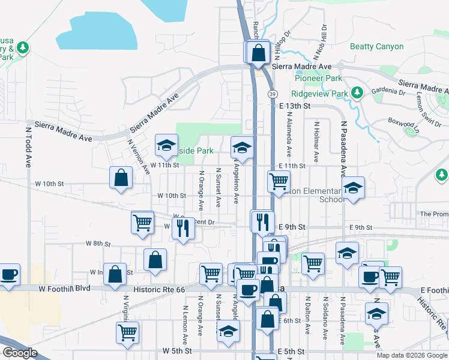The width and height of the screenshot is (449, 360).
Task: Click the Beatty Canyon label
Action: coord(377,46)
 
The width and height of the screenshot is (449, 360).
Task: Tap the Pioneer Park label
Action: coord(318,78)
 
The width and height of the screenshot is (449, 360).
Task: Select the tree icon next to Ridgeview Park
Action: coord(357,92)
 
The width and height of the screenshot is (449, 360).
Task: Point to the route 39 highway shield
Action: coord(273,94)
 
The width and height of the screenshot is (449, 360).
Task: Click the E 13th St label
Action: coord(295,106)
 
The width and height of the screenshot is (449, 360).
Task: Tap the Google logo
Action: coord(20,353)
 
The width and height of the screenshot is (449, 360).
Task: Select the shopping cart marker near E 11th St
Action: coord(279,181)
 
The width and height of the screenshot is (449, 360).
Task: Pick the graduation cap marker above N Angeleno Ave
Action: coord(242,146)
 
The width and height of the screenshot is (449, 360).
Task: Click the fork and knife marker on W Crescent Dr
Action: coord(182,228)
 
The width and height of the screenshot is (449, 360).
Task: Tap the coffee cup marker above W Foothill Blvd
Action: coord(9,274)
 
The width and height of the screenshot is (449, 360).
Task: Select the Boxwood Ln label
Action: coord(406,123)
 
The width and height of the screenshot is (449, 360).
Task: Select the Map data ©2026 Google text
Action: coord(411,355)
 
